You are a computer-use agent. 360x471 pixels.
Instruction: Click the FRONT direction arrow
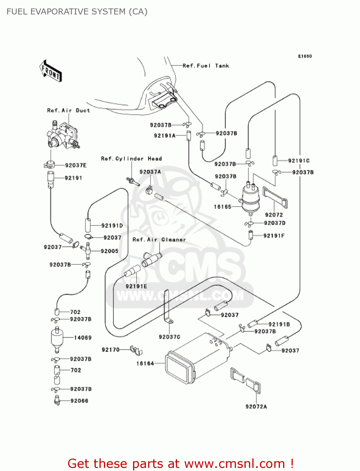pos(51,71)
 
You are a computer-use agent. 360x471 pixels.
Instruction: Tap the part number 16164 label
pos(145,364)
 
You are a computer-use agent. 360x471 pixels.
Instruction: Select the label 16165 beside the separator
pos(223,207)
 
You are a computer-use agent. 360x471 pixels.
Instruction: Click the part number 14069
pos(83,338)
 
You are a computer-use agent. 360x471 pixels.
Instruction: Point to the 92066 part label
pos(79,401)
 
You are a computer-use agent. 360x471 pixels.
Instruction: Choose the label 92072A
pos(256,407)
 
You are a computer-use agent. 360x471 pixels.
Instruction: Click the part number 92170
pos(110,349)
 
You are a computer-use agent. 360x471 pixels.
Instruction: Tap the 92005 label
pos(110,251)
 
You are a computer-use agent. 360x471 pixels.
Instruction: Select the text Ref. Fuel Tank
pos(206,66)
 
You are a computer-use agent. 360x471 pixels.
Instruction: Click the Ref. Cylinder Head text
pos(132,159)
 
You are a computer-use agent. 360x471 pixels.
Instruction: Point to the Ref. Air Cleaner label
pos(159,240)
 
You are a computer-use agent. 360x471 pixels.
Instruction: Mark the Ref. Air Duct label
pos(68,111)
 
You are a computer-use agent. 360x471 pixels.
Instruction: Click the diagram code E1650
pos(305,56)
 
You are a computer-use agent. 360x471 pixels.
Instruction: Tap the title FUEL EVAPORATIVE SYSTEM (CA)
pos(77,12)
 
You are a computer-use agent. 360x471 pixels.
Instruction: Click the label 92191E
pos(136,286)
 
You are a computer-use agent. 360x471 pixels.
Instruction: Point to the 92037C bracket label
pos(169,337)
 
